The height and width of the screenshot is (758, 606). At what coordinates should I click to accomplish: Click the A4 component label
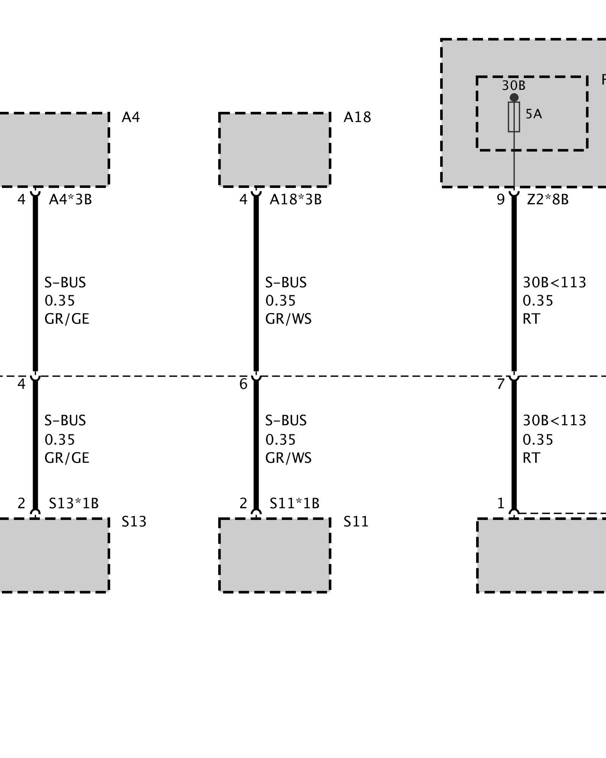(x=131, y=117)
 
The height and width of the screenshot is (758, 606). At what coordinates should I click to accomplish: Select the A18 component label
(x=357, y=117)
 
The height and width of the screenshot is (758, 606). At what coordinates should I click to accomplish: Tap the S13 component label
(x=134, y=522)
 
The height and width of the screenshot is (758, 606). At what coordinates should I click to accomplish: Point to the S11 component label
(x=356, y=522)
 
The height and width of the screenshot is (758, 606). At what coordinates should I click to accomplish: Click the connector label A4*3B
(x=70, y=199)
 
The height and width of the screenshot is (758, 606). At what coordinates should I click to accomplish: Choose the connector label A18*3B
(x=295, y=199)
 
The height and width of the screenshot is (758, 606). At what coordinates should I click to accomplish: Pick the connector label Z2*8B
(x=548, y=199)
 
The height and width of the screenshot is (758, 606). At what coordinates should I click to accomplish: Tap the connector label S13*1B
(x=74, y=503)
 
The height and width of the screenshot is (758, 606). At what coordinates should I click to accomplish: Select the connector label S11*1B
(x=295, y=503)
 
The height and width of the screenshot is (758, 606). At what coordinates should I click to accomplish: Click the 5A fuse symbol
(x=514, y=117)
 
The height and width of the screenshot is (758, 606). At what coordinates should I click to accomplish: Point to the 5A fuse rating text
(x=534, y=114)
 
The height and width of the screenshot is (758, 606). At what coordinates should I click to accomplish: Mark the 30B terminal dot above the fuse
(x=514, y=97)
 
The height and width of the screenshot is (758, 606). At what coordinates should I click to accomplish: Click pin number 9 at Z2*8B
(x=501, y=200)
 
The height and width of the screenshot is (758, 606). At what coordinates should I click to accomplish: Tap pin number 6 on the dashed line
(x=243, y=384)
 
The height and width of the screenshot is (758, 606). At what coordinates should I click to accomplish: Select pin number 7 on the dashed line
(x=501, y=384)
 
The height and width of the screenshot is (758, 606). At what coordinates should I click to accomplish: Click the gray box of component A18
(x=275, y=150)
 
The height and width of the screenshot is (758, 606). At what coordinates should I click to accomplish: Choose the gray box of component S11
(x=275, y=555)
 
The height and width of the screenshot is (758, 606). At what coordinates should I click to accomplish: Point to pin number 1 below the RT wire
(x=501, y=503)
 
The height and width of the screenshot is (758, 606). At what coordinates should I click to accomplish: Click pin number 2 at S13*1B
(x=21, y=503)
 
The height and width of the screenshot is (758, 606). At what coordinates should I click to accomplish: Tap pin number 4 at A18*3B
(x=243, y=200)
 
